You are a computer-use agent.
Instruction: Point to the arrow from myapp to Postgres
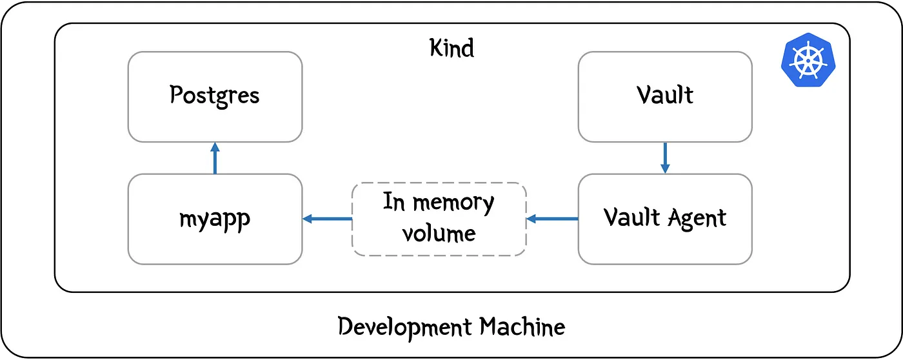[215, 159]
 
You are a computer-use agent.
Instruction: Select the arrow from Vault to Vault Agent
[665, 157]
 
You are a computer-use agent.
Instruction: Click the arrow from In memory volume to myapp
[328, 219]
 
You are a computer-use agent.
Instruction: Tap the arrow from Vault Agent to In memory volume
[552, 219]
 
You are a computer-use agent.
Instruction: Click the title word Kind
[451, 48]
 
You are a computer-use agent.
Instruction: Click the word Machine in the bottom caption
[522, 327]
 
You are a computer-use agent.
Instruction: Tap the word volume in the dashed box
[439, 232]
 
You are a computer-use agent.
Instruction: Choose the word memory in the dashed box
[454, 203]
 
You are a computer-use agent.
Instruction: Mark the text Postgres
[215, 96]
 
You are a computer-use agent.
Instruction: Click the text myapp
[215, 219]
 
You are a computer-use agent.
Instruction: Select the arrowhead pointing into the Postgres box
[215, 148]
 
